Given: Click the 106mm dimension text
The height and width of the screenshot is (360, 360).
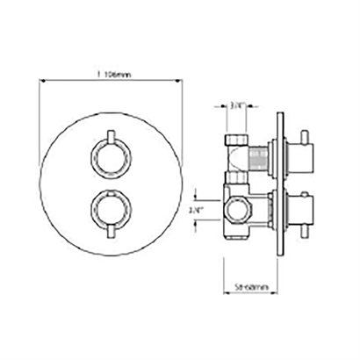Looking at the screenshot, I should coord(112,77).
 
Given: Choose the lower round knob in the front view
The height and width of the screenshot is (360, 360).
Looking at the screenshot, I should coord(110,210).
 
